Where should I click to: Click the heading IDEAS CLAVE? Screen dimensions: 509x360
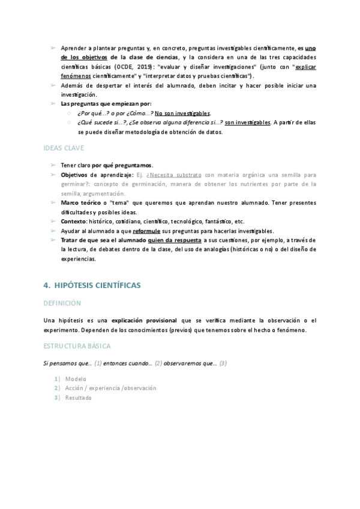pyautogui.click(x=64, y=148)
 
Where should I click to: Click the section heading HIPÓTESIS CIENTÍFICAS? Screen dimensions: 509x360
pyautogui.click(x=97, y=286)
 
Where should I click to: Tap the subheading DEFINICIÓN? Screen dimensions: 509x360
pyautogui.click(x=62, y=304)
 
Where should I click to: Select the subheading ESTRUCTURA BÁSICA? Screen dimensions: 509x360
pyautogui.click(x=77, y=347)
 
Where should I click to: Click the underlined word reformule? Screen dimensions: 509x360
pyautogui.click(x=146, y=230)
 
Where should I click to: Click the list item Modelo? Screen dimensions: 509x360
pyautogui.click(x=76, y=379)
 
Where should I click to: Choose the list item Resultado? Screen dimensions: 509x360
pyautogui.click(x=79, y=397)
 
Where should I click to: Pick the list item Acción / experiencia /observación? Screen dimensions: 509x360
pyautogui.click(x=110, y=388)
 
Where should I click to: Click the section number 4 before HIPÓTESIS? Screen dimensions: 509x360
pyautogui.click(x=47, y=286)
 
